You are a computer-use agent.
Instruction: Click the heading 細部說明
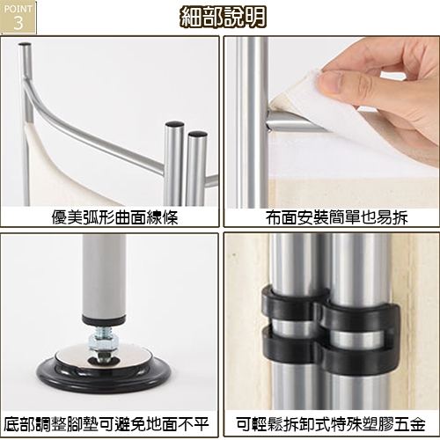pos(223,17)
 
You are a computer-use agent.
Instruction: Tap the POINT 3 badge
pos(18,17)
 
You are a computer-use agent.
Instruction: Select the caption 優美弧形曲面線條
pos(114,217)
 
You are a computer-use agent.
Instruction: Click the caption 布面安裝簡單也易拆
pos(337,217)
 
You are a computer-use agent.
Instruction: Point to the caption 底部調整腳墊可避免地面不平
pos(106,424)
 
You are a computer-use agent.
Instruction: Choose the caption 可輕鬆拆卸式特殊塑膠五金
pos(331,424)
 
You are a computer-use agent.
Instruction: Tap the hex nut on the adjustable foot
pos(104,341)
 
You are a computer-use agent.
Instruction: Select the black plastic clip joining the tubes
pos(330,330)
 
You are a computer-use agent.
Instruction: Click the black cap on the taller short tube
pos(174,124)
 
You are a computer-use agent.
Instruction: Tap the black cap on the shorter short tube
pos(198,134)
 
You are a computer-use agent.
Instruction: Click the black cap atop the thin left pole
pos(25,45)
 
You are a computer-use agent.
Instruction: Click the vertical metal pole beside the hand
pos(252,121)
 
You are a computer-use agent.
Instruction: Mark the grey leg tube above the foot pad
pos(104,275)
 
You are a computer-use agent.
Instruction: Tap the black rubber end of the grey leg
pos(104,319)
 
